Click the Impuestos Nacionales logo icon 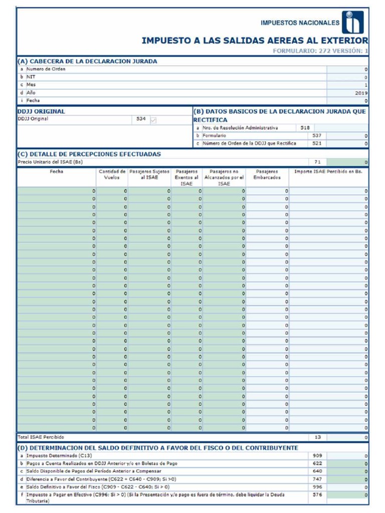click(353, 23)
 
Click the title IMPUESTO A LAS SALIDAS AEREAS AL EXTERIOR click(255, 41)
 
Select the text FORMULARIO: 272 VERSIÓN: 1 click(320, 51)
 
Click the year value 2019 click(361, 93)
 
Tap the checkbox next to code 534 click(153, 119)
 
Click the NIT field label click(31, 77)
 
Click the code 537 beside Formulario click(317, 136)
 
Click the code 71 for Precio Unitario click(317, 162)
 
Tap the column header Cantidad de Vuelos click(112, 174)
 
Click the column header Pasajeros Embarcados click(267, 174)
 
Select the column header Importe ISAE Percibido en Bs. click(328, 171)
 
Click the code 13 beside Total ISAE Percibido click(317, 437)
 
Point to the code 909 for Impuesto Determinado click(317, 456)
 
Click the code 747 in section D click(317, 479)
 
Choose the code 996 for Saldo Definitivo click(317, 486)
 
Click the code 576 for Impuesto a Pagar click(317, 494)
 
